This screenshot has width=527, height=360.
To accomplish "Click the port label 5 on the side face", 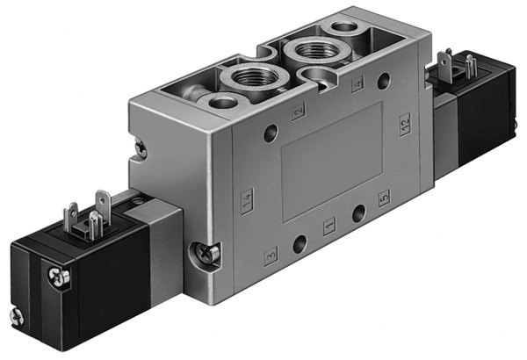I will (382, 198).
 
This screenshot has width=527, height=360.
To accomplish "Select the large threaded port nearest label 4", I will (314, 50).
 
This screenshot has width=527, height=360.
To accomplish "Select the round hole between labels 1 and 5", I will (356, 213).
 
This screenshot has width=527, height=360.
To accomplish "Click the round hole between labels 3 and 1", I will (300, 242).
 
